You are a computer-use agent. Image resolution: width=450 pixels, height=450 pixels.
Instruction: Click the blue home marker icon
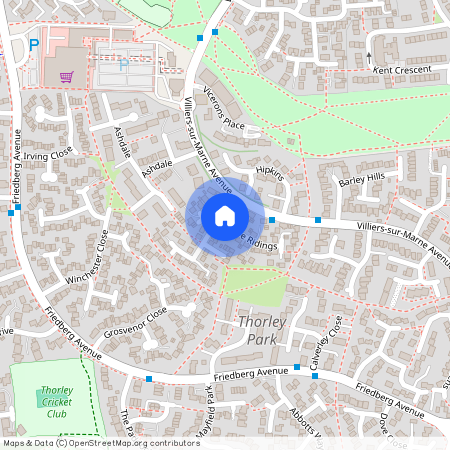click(x=225, y=216)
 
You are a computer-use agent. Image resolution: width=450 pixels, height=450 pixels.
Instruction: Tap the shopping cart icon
click(x=67, y=77)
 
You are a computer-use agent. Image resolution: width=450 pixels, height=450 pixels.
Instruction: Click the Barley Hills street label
click(x=361, y=178)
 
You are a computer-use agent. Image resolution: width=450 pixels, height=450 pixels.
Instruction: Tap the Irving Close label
click(x=51, y=155)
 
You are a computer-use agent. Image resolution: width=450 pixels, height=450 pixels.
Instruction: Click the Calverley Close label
click(x=322, y=340)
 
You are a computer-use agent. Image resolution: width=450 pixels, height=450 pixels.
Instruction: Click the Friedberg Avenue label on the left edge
click(x=16, y=175)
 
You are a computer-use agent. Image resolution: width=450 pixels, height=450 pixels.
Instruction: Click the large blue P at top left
click(x=34, y=45)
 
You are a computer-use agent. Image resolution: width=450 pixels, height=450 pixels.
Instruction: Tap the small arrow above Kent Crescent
click(x=368, y=56)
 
